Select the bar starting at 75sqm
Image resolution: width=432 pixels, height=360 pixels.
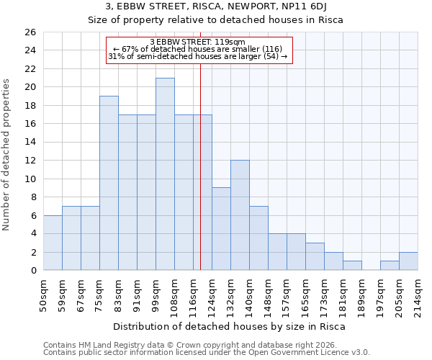[109, 183]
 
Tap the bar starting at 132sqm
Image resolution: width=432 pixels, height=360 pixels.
[240, 215]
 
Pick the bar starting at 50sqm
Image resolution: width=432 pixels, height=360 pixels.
[53, 243]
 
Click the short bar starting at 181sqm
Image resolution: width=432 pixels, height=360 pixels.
[352, 266]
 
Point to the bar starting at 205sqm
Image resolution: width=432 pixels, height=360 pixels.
[408, 261]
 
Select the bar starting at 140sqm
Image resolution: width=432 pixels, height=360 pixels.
[258, 238]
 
